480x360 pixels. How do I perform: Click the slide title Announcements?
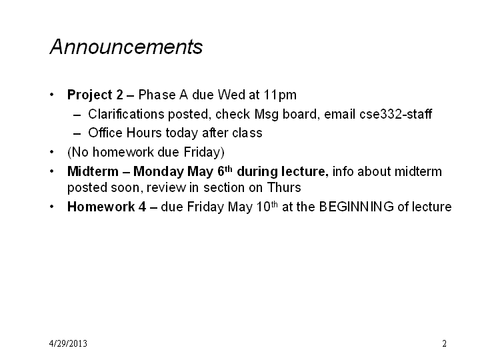(x=126, y=47)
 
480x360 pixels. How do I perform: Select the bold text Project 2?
(x=95, y=95)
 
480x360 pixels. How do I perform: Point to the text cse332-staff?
(x=395, y=114)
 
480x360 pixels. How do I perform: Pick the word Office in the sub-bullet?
(x=105, y=133)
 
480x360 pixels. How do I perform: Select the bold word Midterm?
(x=93, y=171)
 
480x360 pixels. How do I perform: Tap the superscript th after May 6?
(x=229, y=169)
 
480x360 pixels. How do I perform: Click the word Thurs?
(x=284, y=187)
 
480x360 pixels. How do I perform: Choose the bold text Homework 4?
(x=107, y=207)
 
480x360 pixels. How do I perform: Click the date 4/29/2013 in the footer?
(x=68, y=343)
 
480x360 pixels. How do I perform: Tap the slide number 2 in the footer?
(x=444, y=343)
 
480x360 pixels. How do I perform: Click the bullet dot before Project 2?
(x=52, y=95)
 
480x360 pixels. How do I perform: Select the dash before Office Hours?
(x=77, y=134)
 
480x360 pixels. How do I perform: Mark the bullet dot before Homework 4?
(x=52, y=207)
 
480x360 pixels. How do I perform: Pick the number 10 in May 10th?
(x=263, y=207)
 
